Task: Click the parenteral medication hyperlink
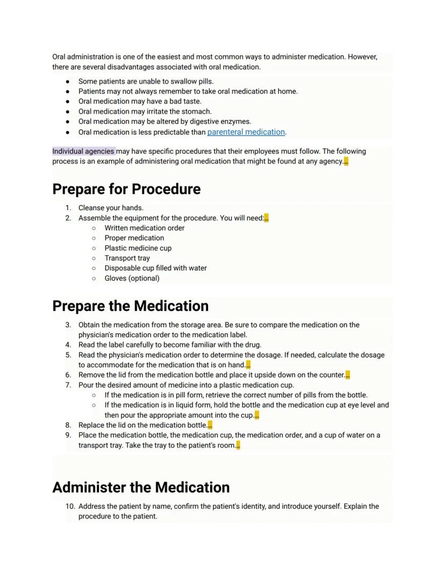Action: (246, 132)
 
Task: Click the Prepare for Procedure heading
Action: (126, 189)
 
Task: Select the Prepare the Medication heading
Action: (130, 306)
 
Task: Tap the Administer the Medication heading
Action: (141, 487)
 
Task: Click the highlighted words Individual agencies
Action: (83, 151)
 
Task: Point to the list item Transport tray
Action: (127, 258)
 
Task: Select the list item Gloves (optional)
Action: (132, 278)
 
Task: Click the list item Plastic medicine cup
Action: (138, 248)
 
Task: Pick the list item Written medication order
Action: (144, 228)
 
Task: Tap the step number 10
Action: (70, 506)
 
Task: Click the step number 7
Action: (68, 385)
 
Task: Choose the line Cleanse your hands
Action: (111, 208)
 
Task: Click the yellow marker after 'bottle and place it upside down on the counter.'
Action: (348, 375)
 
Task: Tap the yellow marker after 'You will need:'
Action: (267, 218)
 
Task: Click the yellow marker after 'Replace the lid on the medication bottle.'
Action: (210, 425)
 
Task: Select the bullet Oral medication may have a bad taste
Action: (140, 101)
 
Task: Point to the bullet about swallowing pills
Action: (146, 81)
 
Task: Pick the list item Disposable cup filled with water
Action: (155, 268)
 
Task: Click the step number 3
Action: (68, 325)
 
